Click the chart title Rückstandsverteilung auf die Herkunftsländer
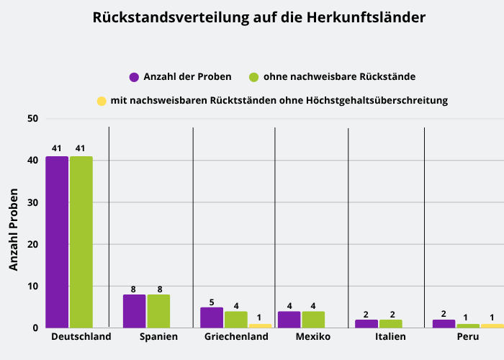(x=258, y=17)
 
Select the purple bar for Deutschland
(x=57, y=242)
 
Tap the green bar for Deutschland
(x=81, y=242)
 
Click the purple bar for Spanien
(x=134, y=311)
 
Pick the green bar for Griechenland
(x=235, y=320)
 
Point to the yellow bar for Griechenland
(x=259, y=325)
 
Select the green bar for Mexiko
(x=313, y=320)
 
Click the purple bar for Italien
(x=366, y=324)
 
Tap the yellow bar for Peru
(x=492, y=325)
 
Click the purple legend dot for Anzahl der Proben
(x=134, y=77)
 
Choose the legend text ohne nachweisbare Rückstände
(x=339, y=76)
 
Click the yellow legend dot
(x=102, y=102)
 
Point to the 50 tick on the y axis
(x=32, y=119)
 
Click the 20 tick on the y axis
(x=32, y=245)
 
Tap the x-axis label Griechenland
(x=236, y=337)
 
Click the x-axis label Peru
(x=467, y=337)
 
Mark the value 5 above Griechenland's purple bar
(x=212, y=302)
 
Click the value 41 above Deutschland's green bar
(x=81, y=148)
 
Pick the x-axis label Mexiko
(x=313, y=337)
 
